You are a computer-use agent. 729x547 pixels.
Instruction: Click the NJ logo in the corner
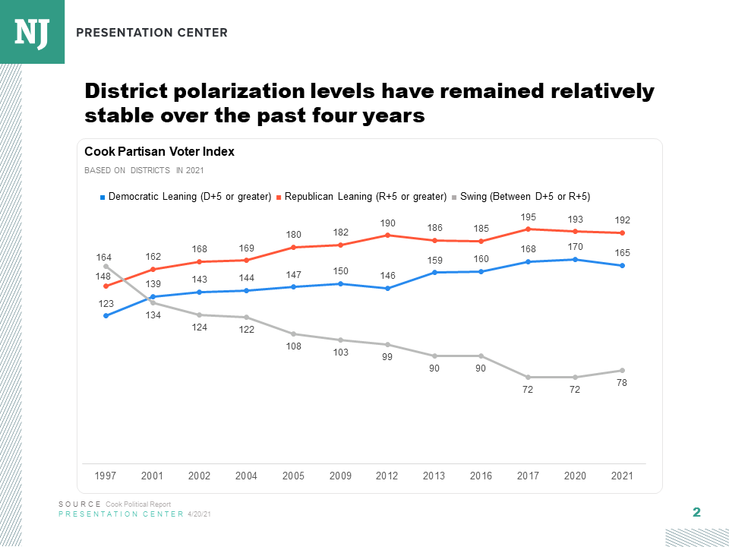pyautogui.click(x=32, y=32)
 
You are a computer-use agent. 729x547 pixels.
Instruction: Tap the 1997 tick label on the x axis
pyautogui.click(x=106, y=476)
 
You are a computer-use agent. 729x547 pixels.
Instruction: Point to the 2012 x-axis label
pyautogui.click(x=387, y=476)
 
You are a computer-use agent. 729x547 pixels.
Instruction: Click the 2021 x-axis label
pyautogui.click(x=622, y=476)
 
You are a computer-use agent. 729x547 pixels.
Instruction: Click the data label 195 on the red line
pyautogui.click(x=528, y=217)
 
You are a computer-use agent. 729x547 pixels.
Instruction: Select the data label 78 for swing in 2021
pyautogui.click(x=622, y=384)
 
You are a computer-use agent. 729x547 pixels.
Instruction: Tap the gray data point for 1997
pyautogui.click(x=106, y=266)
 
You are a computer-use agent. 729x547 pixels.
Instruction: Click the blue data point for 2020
pyautogui.click(x=575, y=259)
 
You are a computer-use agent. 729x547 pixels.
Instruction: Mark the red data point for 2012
pyautogui.click(x=387, y=235)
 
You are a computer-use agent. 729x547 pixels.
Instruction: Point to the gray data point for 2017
pyautogui.click(x=528, y=377)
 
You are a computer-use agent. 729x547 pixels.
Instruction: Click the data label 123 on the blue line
pyautogui.click(x=106, y=304)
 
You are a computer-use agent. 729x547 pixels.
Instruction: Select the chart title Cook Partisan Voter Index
pyautogui.click(x=159, y=152)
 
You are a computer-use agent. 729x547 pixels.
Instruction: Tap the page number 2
pyautogui.click(x=696, y=512)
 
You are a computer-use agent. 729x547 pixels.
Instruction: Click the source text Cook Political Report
pyautogui.click(x=138, y=504)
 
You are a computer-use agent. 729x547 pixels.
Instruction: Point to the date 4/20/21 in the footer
pyautogui.click(x=199, y=514)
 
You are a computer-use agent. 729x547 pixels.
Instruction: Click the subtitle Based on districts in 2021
pyautogui.click(x=144, y=171)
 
